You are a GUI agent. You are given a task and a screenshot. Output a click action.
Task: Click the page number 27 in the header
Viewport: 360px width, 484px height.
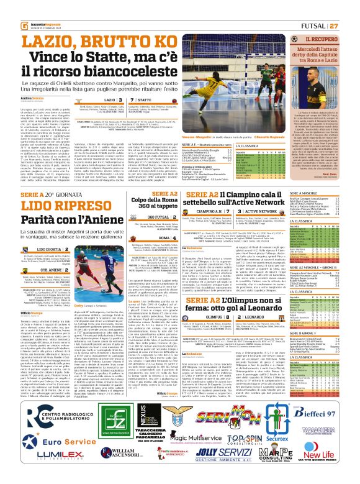coord(351,9)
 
